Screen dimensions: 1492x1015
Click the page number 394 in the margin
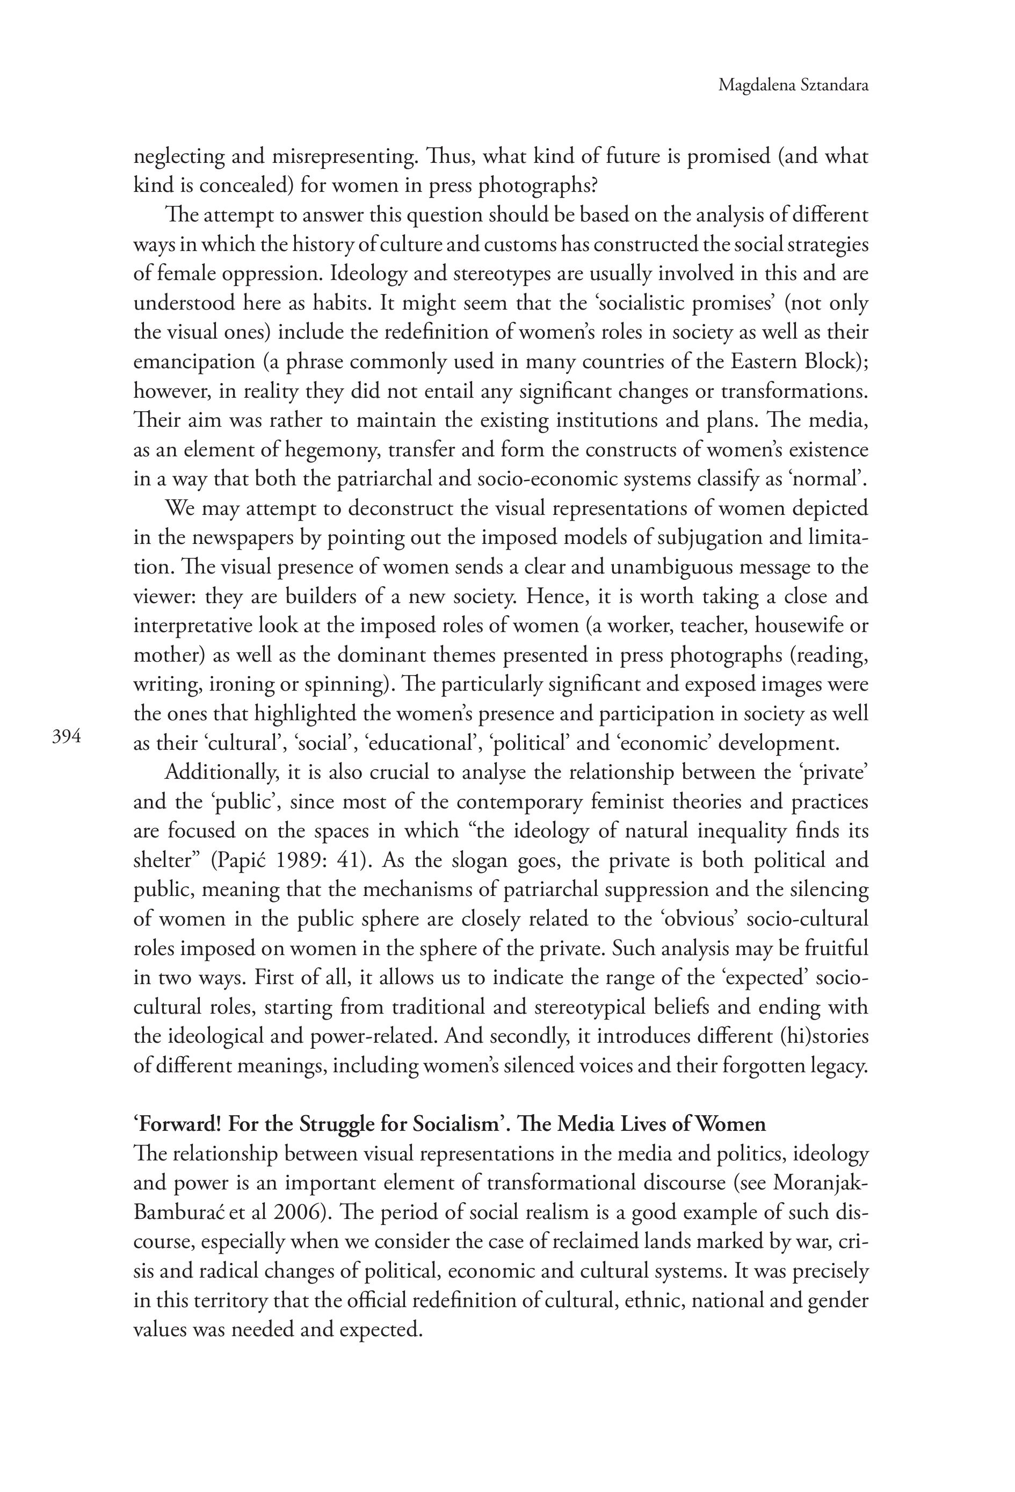66,737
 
